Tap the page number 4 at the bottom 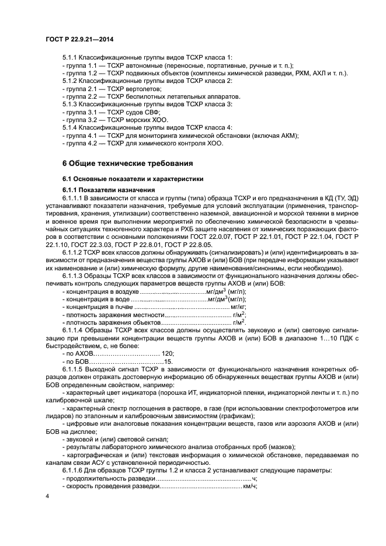[x=47, y=496]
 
